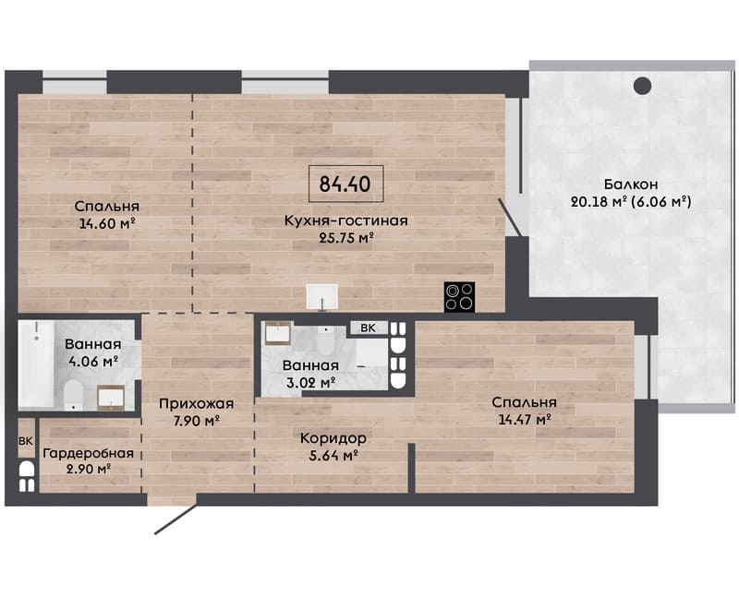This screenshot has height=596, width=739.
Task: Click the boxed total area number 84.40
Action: (x=345, y=185)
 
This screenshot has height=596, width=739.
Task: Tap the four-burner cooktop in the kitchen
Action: (x=459, y=297)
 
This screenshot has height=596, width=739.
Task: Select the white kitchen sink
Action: (x=321, y=296)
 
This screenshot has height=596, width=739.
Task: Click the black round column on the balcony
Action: (x=642, y=86)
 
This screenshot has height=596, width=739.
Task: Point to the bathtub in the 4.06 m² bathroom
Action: (x=36, y=364)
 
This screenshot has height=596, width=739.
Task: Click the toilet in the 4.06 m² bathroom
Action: (x=73, y=395)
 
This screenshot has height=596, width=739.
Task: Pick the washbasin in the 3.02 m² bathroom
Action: (x=278, y=334)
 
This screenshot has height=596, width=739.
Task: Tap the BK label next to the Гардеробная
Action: (x=26, y=441)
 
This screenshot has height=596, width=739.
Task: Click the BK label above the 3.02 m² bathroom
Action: (x=368, y=328)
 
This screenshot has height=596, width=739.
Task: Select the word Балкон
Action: (x=631, y=185)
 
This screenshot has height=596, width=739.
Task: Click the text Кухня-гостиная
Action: (x=345, y=221)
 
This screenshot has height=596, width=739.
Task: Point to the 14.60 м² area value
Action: (x=108, y=223)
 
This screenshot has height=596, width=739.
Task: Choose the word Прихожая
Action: (x=196, y=404)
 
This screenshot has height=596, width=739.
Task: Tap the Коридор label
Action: (x=333, y=439)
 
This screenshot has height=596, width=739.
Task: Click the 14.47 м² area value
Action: (x=525, y=419)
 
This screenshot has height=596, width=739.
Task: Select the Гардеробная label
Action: (x=89, y=453)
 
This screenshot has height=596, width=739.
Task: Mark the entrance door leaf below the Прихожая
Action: (x=176, y=519)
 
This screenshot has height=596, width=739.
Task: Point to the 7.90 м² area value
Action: (x=197, y=421)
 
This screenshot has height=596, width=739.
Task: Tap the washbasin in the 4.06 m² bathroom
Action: (x=111, y=398)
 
